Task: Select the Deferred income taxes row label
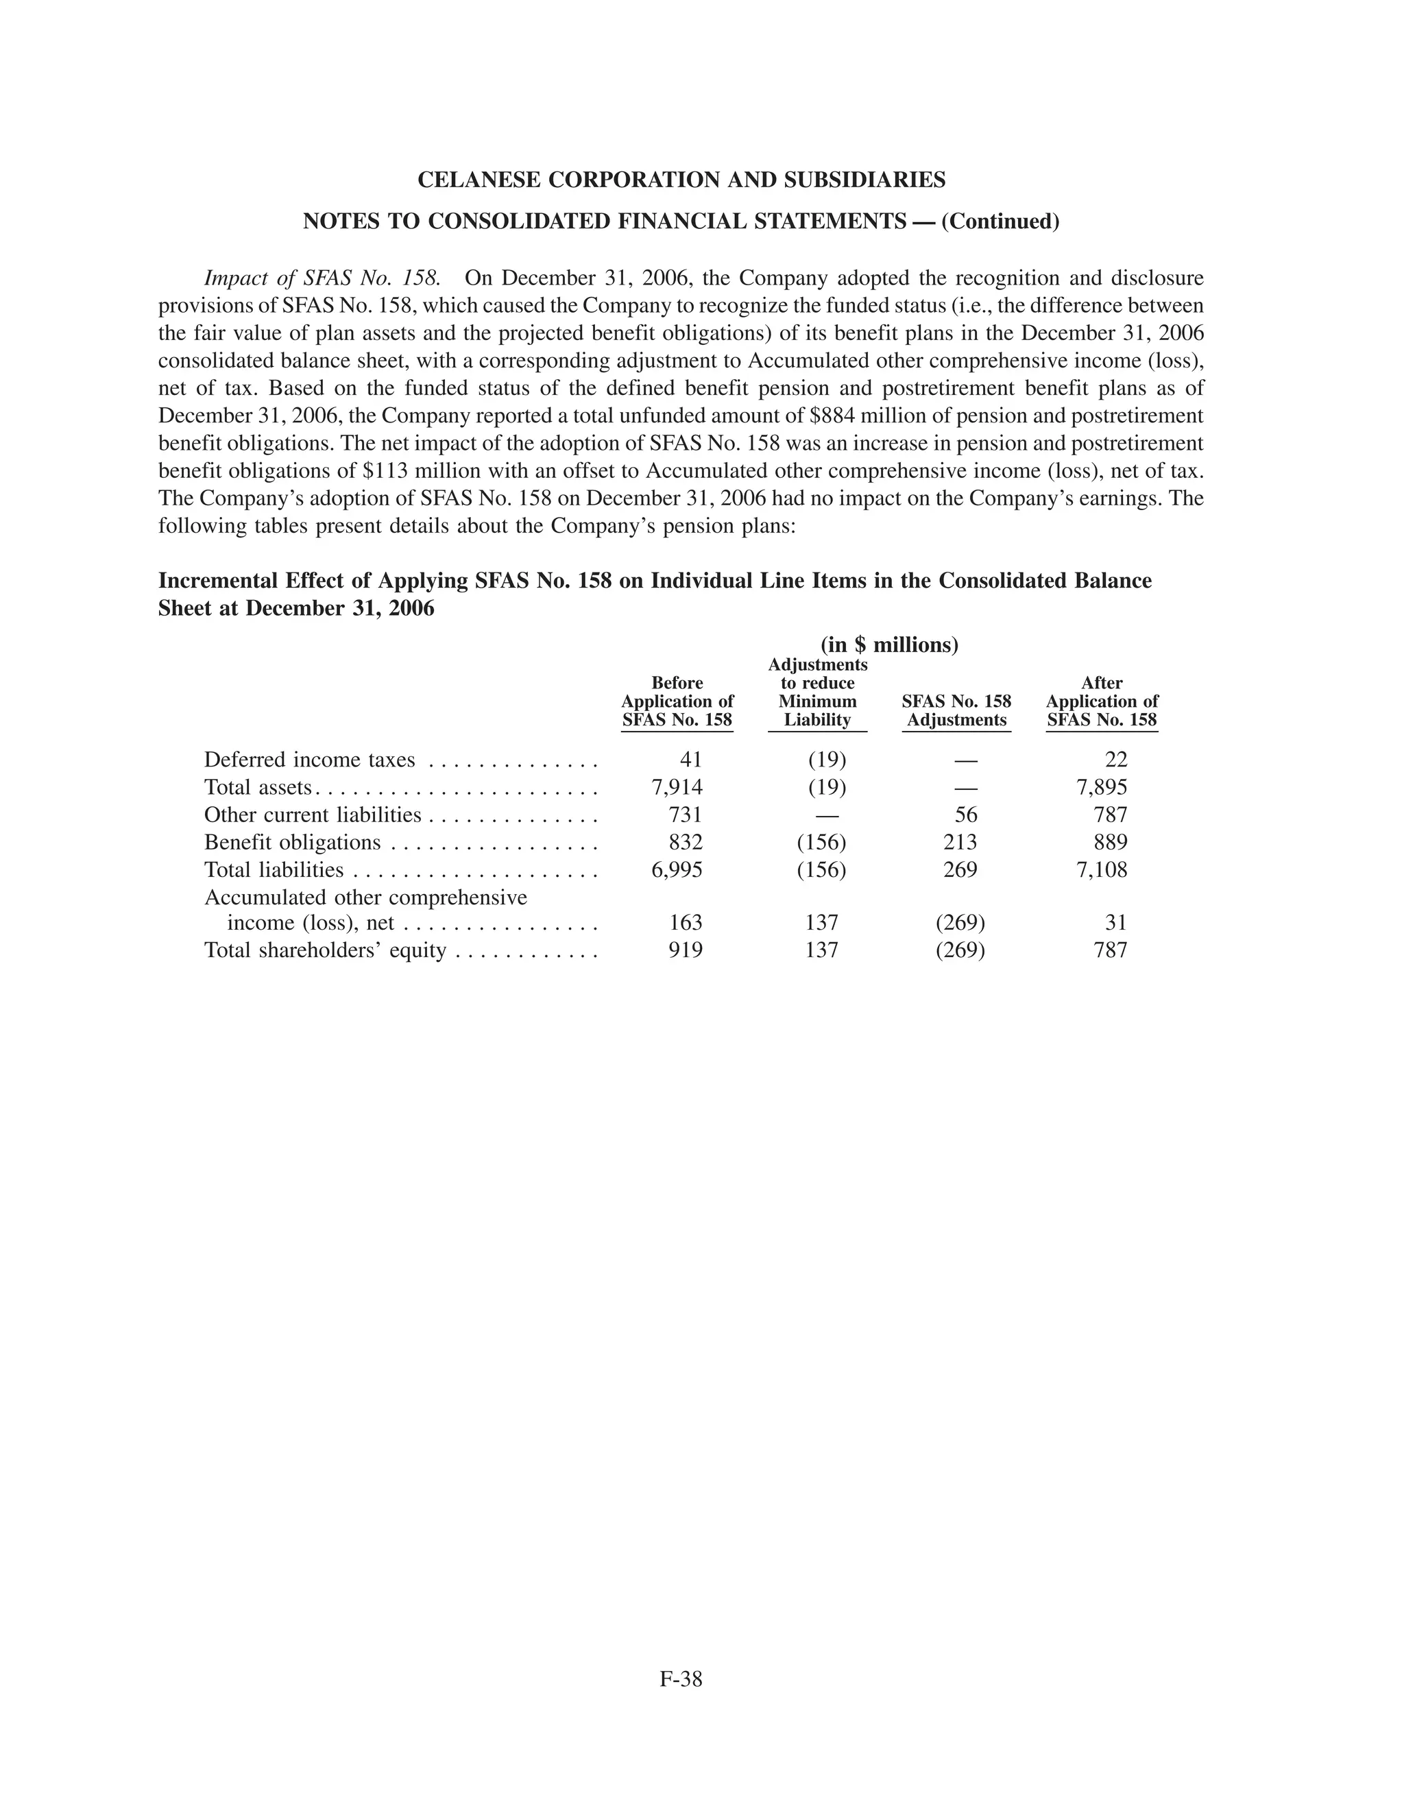point(309,760)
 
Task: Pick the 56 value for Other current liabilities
point(966,815)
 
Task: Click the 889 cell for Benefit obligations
point(1111,842)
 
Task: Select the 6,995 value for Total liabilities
point(676,870)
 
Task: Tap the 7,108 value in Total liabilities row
point(1101,870)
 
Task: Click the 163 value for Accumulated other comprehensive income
point(686,923)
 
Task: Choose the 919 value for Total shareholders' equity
point(686,950)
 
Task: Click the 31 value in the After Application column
point(1115,923)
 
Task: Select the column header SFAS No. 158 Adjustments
point(956,710)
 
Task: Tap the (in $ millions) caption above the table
point(889,645)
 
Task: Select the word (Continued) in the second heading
point(1001,221)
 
